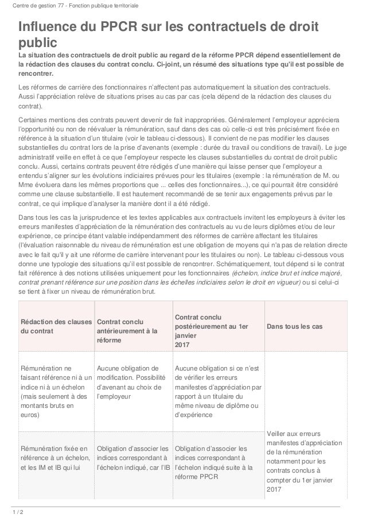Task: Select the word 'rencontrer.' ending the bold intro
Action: (x=36, y=73)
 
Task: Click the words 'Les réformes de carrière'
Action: (x=57, y=87)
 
